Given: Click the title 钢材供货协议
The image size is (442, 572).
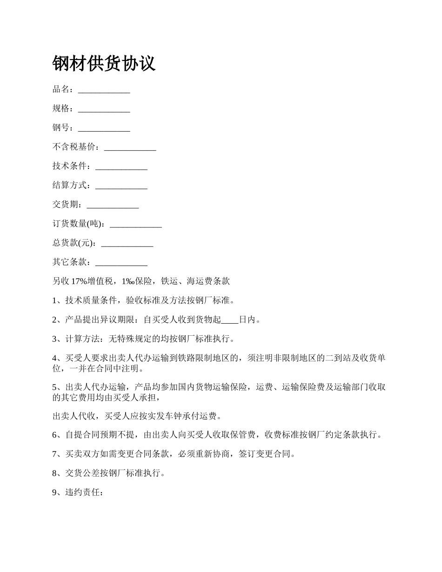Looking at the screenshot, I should [x=104, y=64].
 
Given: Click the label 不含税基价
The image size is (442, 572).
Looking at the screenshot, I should [x=75, y=147].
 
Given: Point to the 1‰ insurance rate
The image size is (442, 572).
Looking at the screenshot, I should [x=127, y=281].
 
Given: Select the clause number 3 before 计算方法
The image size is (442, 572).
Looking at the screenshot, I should [x=55, y=339].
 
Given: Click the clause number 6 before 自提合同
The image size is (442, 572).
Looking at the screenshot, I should [x=55, y=435].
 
